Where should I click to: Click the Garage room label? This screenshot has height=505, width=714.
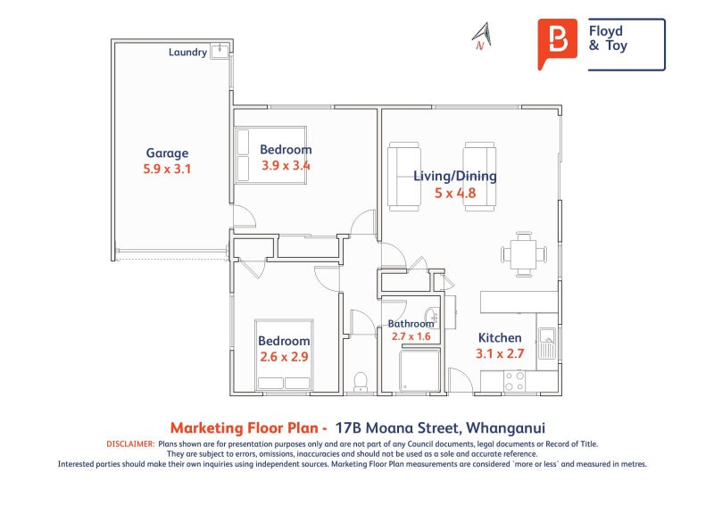pos(167,153)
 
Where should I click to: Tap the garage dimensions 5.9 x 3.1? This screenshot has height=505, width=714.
pos(167,169)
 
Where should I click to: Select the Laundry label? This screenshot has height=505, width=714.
pos(187,53)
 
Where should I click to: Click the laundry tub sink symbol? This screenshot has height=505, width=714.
pos(220,50)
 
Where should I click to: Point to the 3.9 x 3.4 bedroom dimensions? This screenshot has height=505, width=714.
pos(286,165)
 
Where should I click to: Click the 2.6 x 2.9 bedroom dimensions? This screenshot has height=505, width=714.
pos(284,357)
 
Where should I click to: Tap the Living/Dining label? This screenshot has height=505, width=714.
pos(455,177)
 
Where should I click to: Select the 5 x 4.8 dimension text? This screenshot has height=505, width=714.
pos(455,193)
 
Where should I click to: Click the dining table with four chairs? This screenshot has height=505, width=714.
pos(524,254)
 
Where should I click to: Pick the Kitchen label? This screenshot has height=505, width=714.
pos(500,338)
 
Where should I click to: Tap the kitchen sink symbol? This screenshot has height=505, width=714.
pos(546,343)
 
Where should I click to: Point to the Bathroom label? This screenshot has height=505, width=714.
pos(411,324)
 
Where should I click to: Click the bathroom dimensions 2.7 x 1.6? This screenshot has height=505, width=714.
pos(411,336)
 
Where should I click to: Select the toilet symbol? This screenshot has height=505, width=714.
pos(361,382)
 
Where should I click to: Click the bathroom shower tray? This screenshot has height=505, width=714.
pos(419,370)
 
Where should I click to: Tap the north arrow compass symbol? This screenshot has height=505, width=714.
pos(482,36)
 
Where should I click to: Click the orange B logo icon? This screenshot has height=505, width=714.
pos(557,43)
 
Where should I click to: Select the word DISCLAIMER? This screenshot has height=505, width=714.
pos(130,444)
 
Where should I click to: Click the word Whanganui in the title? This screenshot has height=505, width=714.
pos(505,428)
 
